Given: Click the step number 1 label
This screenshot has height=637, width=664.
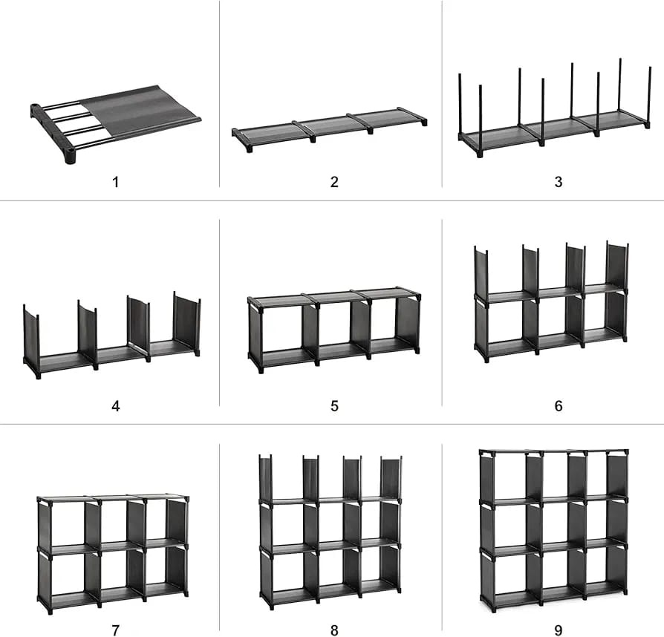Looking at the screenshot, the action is click(115, 183).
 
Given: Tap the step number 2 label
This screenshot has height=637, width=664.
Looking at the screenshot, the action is click(334, 182).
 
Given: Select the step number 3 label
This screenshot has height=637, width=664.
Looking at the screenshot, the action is click(559, 182).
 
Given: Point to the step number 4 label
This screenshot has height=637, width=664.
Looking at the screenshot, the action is click(116, 406).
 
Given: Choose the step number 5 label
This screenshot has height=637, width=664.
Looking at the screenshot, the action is click(334, 406).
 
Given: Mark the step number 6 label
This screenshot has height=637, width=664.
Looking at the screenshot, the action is click(559, 406).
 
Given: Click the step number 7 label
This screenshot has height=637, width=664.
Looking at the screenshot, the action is click(116, 630).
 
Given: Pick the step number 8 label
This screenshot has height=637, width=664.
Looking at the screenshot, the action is click(334, 630).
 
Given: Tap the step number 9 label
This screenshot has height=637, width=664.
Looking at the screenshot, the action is click(559, 630).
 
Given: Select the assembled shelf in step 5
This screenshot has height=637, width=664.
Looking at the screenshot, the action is click(334, 330).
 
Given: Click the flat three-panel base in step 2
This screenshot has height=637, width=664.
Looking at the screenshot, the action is click(330, 126).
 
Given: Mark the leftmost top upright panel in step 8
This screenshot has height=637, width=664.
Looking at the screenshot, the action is click(265, 479).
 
